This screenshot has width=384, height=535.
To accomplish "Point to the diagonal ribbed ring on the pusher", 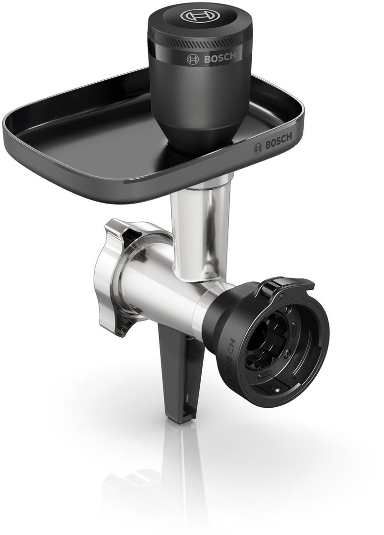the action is pos(200,43).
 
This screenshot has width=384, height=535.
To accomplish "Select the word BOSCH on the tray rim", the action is pos(279,141).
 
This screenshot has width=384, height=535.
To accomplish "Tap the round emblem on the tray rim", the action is pos(258,149).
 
